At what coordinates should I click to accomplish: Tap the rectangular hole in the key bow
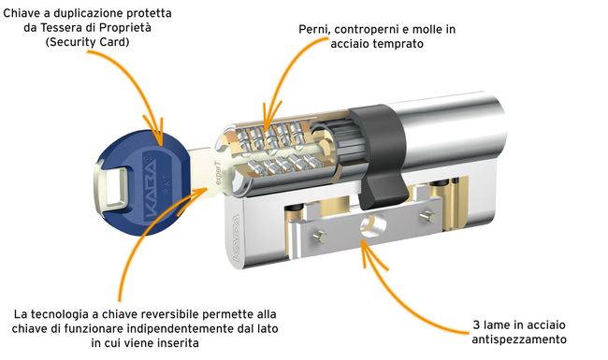pyautogui.click(x=111, y=185)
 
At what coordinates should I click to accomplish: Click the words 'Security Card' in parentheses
pyautogui.click(x=87, y=42)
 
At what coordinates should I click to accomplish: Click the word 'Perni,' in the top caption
pyautogui.click(x=314, y=30)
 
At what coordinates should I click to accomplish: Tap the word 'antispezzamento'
pyautogui.click(x=519, y=339)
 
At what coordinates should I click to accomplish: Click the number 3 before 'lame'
pyautogui.click(x=476, y=324)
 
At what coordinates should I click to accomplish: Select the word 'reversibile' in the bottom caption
pyautogui.click(x=169, y=314)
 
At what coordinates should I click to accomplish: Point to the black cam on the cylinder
pyautogui.click(x=378, y=155)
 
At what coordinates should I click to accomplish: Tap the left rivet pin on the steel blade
pyautogui.click(x=320, y=236)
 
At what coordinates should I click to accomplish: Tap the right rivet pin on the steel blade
pyautogui.click(x=427, y=216)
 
